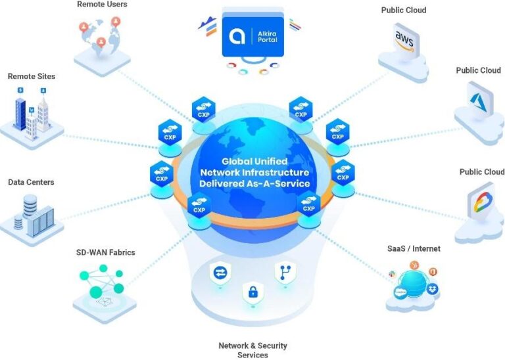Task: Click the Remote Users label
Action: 102,5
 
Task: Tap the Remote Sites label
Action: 32,76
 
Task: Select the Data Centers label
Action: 31,182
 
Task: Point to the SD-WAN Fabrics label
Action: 106,252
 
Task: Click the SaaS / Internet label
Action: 414,248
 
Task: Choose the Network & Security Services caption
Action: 252,350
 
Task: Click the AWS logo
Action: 404,41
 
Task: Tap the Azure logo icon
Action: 478,101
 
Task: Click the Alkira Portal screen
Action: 252,36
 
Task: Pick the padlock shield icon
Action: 253,293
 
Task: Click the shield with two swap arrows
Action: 220,273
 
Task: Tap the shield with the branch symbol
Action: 285,273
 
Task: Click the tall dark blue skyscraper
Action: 20,114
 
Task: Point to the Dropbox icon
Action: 432,288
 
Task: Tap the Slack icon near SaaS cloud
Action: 392,274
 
